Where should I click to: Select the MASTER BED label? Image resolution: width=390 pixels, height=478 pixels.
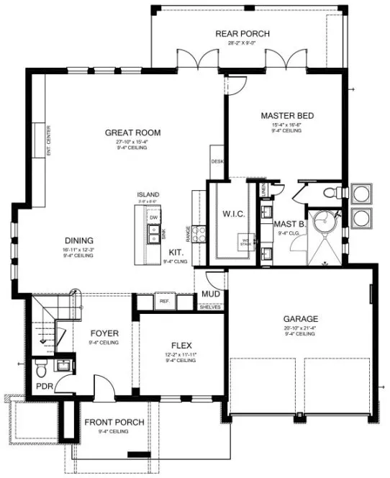pyautogui.click(x=287, y=116)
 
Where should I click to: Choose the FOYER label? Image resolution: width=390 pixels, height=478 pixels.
pyautogui.click(x=104, y=333)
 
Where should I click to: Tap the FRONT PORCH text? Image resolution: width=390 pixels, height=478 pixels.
pyautogui.click(x=114, y=423)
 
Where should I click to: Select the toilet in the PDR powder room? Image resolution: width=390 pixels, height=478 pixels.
pyautogui.click(x=41, y=369)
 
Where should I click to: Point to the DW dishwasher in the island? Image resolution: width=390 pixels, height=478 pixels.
pyautogui.click(x=153, y=217)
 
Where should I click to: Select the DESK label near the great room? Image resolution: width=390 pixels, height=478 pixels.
pyautogui.click(x=217, y=161)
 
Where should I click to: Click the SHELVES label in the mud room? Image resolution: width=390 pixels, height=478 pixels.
pyautogui.click(x=210, y=307)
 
